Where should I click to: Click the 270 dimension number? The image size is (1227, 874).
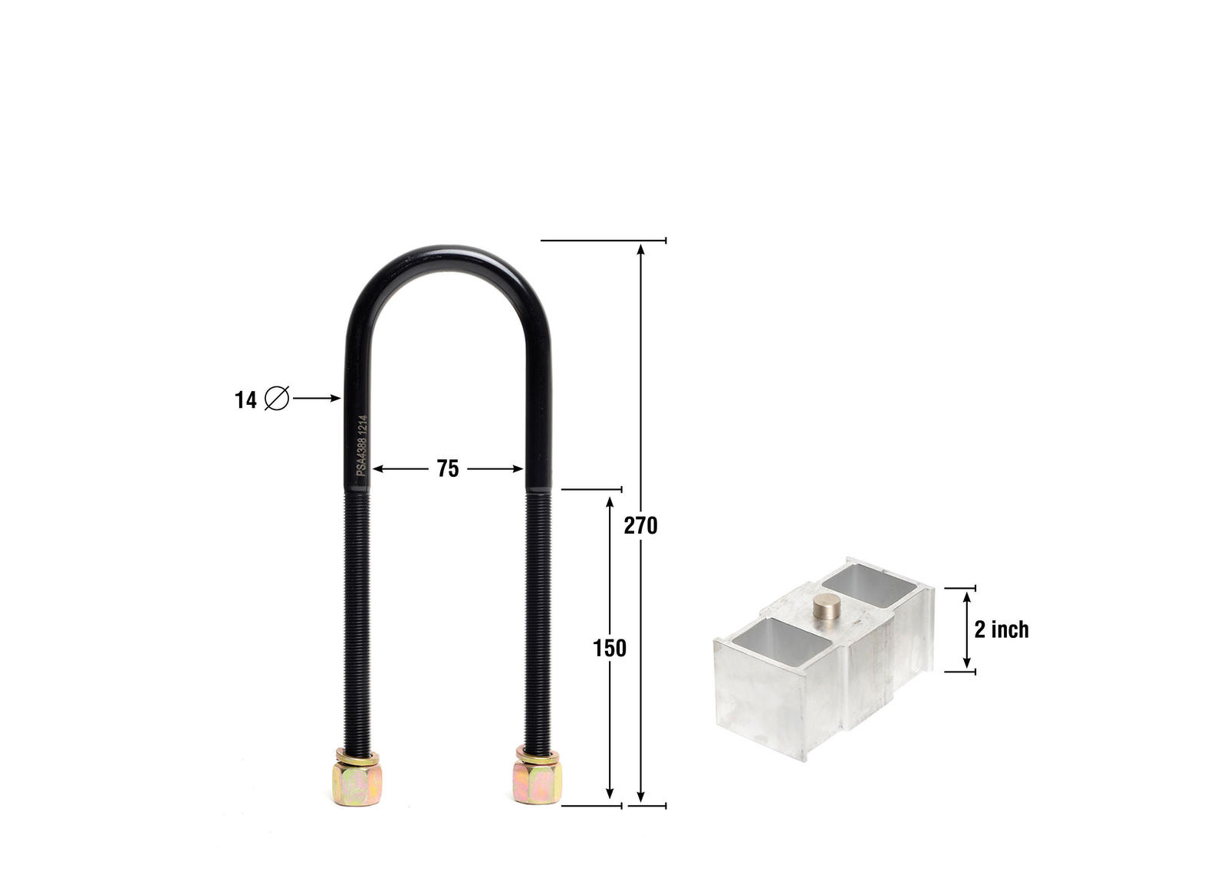pyautogui.click(x=640, y=526)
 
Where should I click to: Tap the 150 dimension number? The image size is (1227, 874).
pyautogui.click(x=610, y=649)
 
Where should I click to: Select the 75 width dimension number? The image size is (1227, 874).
pyautogui.click(x=448, y=468)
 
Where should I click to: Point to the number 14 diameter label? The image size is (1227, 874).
pyautogui.click(x=245, y=400)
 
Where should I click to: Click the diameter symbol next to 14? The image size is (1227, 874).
pyautogui.click(x=276, y=399)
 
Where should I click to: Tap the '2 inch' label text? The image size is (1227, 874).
pyautogui.click(x=1002, y=629)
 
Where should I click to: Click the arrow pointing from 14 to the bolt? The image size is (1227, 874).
pyautogui.click(x=317, y=398)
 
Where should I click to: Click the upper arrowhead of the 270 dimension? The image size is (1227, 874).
pyautogui.click(x=640, y=248)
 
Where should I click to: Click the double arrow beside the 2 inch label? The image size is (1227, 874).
pyautogui.click(x=967, y=629)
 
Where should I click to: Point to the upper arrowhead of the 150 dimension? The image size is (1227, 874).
pyautogui.click(x=610, y=502)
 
